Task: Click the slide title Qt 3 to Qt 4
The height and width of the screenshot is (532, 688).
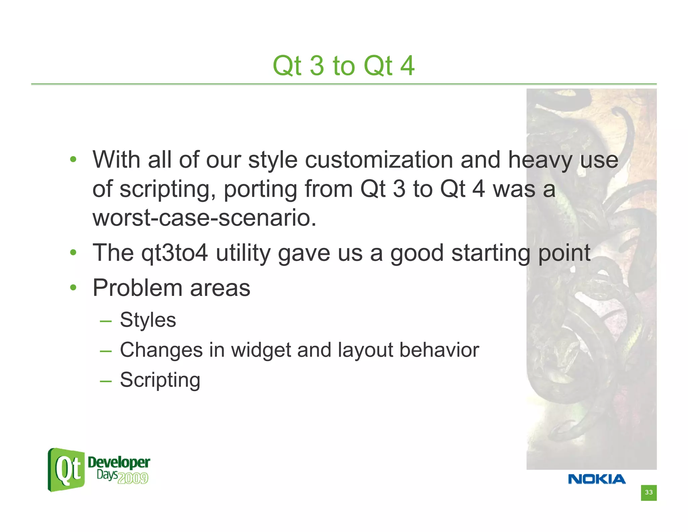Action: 343,66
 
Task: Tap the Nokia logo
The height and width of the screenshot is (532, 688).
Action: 597,479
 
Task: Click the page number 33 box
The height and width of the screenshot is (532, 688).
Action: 648,493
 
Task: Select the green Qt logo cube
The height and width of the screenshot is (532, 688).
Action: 66,470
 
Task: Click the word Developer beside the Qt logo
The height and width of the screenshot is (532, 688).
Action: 119,462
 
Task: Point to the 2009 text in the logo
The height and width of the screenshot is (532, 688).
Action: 133,478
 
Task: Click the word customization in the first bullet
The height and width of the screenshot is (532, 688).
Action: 379,160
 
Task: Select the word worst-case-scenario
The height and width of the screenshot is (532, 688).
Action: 204,218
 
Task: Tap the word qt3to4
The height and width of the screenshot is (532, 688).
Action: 175,253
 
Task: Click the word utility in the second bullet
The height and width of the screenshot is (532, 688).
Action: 243,253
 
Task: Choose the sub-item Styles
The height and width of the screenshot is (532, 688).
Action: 148,320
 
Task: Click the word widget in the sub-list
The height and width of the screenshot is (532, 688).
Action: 261,350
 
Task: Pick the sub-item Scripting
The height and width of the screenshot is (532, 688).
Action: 160,380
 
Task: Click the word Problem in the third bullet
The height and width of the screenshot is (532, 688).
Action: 137,288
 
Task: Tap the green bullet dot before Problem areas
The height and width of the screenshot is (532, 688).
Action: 73,288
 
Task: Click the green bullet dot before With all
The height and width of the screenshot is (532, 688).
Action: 73,159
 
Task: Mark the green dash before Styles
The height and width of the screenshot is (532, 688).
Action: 105,321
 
